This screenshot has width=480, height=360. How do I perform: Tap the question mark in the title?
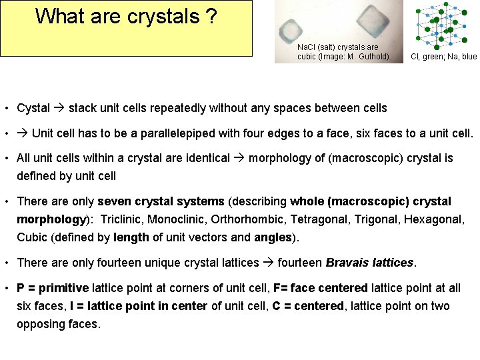pos(211,16)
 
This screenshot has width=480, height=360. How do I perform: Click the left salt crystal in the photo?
pos(291,30)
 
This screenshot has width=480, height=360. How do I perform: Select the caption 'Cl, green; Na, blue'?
pos(443,57)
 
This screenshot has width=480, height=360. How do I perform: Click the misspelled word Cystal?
pos(33,108)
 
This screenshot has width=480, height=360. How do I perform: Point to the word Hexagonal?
pos(433,219)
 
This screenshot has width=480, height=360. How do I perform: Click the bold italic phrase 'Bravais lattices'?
pos(369,263)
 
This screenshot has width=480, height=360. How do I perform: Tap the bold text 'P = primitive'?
pos(53,289)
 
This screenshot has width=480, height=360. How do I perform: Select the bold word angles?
pos(272,237)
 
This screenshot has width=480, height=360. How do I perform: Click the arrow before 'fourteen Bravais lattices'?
pos(268,263)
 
